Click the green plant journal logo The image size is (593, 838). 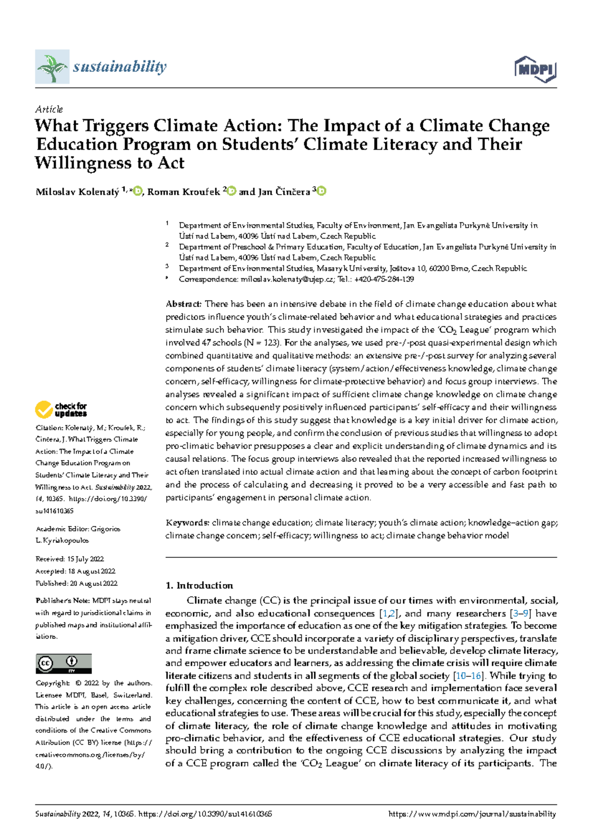(x=52, y=66)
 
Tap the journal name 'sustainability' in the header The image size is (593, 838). (x=120, y=66)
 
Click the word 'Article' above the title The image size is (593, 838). (x=49, y=109)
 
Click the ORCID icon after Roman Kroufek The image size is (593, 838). (x=231, y=191)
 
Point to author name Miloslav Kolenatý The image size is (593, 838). (x=77, y=192)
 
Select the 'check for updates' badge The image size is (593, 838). (x=61, y=410)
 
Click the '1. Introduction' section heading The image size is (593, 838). (x=199, y=586)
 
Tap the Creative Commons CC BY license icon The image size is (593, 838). (x=63, y=663)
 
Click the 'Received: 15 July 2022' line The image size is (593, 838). (x=70, y=559)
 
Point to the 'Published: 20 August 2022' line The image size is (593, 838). (x=77, y=583)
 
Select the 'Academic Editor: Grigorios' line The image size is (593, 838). (x=78, y=529)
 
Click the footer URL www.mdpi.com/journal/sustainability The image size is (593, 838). (x=472, y=814)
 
